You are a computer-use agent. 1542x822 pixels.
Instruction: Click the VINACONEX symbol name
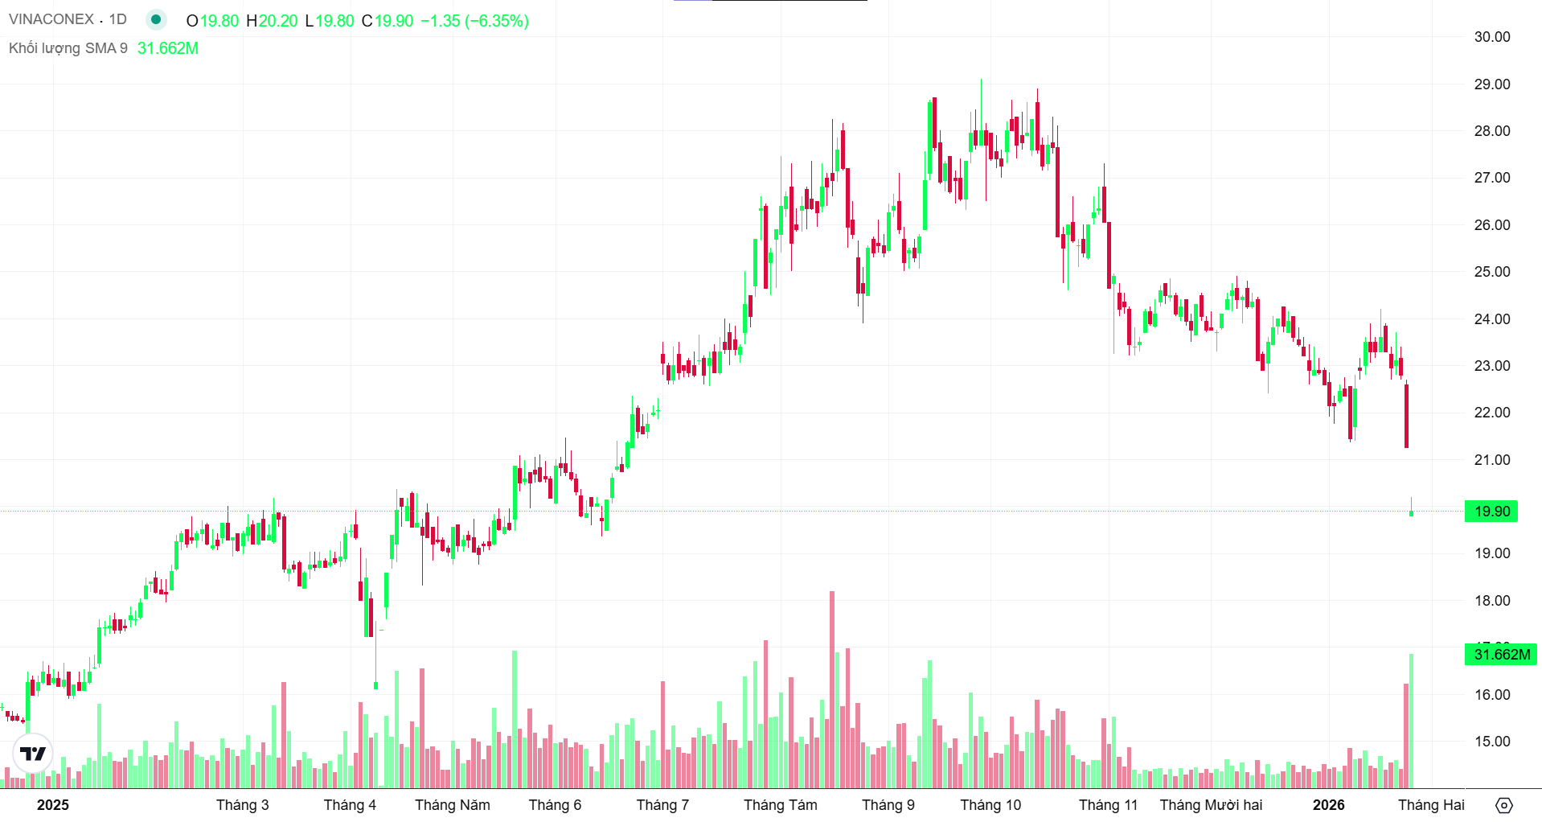click(51, 19)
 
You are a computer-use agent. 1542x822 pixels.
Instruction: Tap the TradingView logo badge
click(33, 754)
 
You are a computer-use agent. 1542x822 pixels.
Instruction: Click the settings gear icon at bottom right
click(1503, 805)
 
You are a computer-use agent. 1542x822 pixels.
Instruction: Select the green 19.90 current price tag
click(1491, 512)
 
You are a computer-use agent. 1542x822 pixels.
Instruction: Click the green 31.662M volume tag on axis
click(1500, 655)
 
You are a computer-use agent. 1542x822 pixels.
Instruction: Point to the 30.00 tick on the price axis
click(1491, 37)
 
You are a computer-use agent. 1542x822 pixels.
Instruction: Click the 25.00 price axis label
click(1491, 272)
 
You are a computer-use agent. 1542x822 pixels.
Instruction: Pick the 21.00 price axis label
click(1491, 460)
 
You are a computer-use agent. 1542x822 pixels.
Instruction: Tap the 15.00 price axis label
click(1491, 742)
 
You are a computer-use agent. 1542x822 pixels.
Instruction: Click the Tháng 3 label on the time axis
click(242, 805)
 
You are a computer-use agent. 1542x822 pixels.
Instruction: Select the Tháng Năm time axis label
click(452, 805)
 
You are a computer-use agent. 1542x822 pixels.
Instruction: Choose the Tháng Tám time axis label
click(780, 805)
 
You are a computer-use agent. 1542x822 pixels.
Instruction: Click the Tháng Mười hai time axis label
click(1211, 805)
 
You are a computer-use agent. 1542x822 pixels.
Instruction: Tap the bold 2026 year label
click(1328, 805)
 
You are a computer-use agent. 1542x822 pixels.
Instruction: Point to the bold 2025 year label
click(53, 805)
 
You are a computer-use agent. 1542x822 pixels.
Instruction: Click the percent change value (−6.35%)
click(497, 21)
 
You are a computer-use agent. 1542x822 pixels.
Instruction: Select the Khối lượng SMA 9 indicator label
click(68, 48)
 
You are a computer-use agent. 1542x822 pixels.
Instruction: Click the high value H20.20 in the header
click(272, 21)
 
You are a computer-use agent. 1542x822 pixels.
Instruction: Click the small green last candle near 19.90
click(1411, 512)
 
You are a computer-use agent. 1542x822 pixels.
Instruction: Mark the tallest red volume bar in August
click(832, 692)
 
